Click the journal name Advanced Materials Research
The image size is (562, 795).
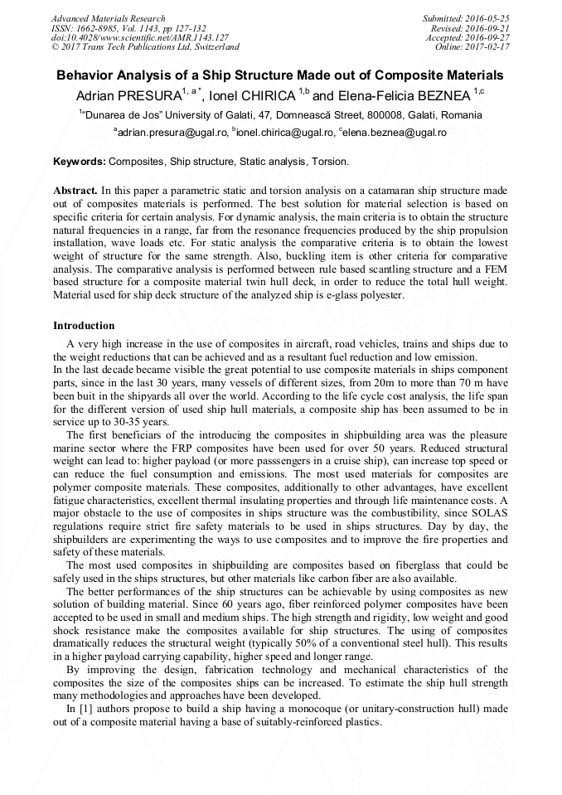[x=108, y=18]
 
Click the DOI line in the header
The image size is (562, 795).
[x=139, y=38]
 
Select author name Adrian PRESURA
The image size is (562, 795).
[x=129, y=96]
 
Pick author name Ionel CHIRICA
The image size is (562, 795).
[x=254, y=96]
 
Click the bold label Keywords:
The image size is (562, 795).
[x=80, y=161]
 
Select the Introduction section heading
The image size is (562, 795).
[x=84, y=326]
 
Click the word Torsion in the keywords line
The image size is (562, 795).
[x=331, y=161]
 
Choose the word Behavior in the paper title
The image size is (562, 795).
[x=87, y=75]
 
